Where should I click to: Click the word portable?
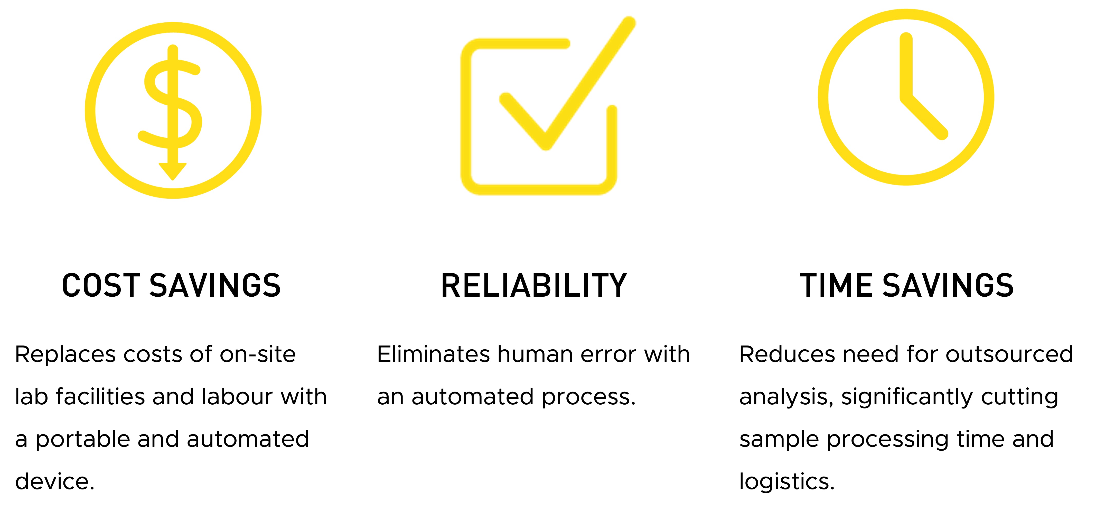click(82, 439)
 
